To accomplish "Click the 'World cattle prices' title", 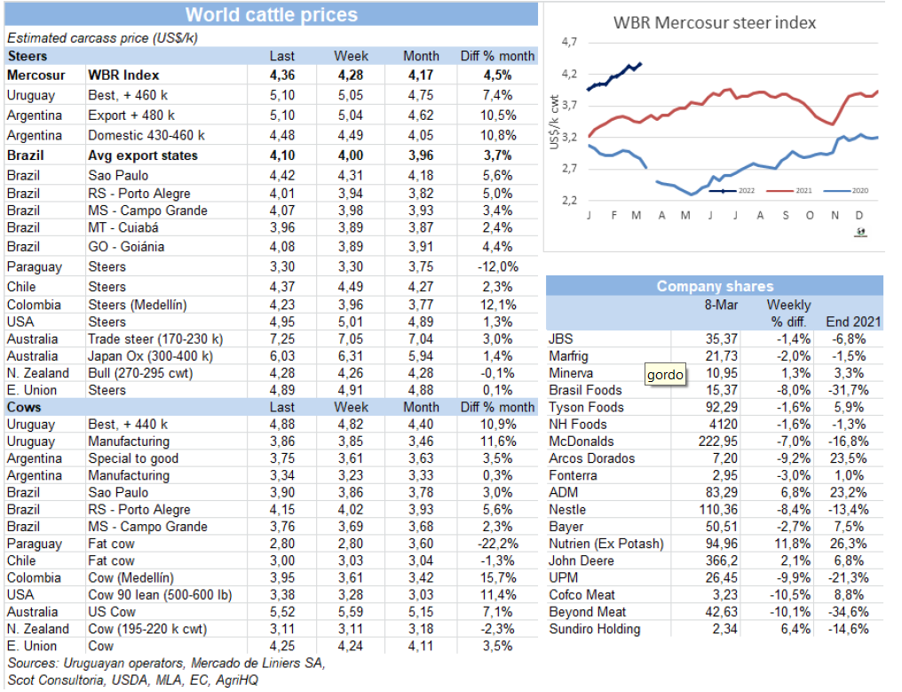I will (x=271, y=15).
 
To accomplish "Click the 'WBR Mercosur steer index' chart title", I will (x=715, y=22).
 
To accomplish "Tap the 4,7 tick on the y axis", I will (x=569, y=43).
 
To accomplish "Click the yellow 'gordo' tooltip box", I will (x=665, y=375).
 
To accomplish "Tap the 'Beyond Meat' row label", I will (x=588, y=612).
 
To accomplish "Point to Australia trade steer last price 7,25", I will (x=281, y=339).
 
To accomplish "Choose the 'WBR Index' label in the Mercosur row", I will (x=123, y=76).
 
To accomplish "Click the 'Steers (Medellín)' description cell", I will (x=137, y=305).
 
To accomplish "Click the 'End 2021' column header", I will (x=852, y=322).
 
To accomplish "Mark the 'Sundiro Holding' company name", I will (x=595, y=629).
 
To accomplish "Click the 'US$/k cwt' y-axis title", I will (x=555, y=122).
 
